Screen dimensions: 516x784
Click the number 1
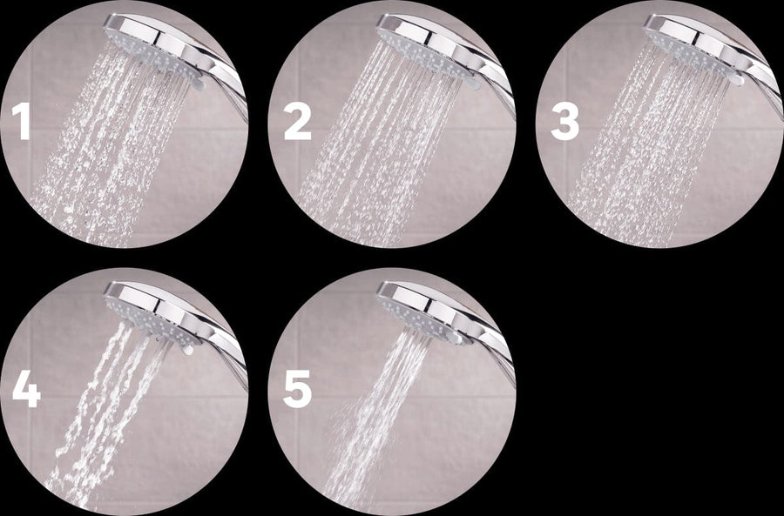point(21,123)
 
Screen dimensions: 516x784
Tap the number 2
point(297,123)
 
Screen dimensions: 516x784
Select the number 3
point(564,123)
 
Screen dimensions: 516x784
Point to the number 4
point(25,390)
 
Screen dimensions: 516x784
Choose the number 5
point(297,390)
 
